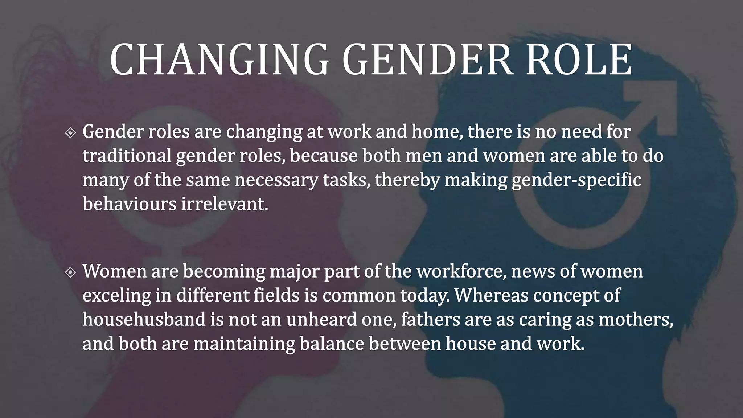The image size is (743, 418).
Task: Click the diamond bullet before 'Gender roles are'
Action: [x=70, y=133]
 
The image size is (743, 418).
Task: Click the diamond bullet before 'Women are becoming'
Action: [x=70, y=272]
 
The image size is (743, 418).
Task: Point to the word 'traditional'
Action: [x=127, y=156]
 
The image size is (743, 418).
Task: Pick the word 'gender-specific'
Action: [x=576, y=180]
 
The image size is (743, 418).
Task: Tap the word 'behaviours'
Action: [x=129, y=204]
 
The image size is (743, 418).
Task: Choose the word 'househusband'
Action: [x=144, y=319]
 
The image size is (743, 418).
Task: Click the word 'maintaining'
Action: [x=244, y=344]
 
